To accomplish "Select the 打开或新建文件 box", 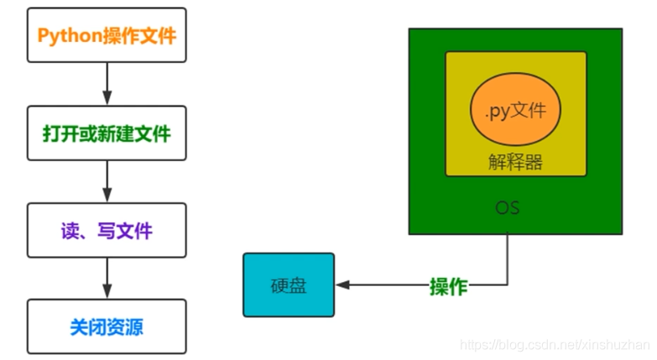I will (x=107, y=133).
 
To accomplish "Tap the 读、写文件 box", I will (x=107, y=230).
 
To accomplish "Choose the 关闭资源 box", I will (x=107, y=326).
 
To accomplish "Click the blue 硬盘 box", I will (x=289, y=285).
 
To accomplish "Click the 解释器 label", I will (x=515, y=163).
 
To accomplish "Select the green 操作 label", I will (x=448, y=286).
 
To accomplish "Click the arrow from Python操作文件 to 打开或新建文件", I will (x=107, y=83).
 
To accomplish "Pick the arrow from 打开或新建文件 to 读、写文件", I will (x=107, y=180).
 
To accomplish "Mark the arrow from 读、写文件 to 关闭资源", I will (x=107, y=277).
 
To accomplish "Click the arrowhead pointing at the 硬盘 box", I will (x=342, y=286).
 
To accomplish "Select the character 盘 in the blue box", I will (x=297, y=286).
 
